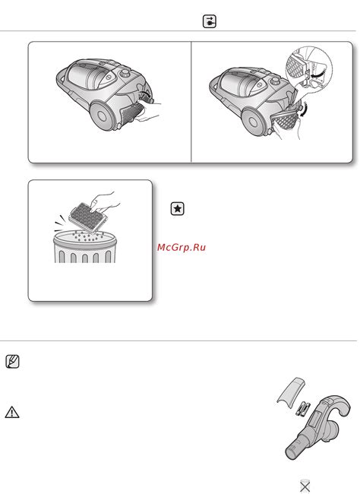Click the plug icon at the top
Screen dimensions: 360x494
(209, 21)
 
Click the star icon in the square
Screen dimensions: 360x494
(177, 208)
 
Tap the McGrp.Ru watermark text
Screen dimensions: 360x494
(182, 247)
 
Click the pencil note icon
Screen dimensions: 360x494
(12, 361)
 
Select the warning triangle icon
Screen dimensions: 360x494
(12, 412)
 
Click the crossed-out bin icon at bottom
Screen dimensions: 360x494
(305, 486)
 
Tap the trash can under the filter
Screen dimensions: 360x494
(85, 247)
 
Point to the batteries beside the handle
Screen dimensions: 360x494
(302, 409)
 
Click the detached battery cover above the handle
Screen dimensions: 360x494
(291, 390)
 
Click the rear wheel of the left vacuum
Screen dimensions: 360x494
(102, 116)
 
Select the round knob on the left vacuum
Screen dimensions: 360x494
(125, 74)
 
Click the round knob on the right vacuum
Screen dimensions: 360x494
(275, 81)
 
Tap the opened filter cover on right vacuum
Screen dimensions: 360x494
(285, 122)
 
